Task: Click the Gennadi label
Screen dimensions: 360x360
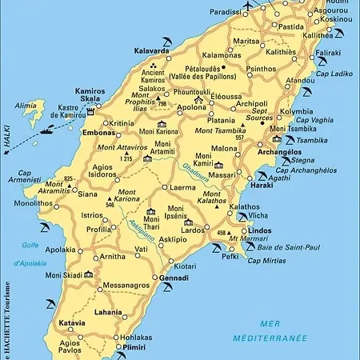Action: coord(174,278)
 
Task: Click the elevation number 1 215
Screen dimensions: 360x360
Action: coord(125,159)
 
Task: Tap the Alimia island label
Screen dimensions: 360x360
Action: coord(26,105)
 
